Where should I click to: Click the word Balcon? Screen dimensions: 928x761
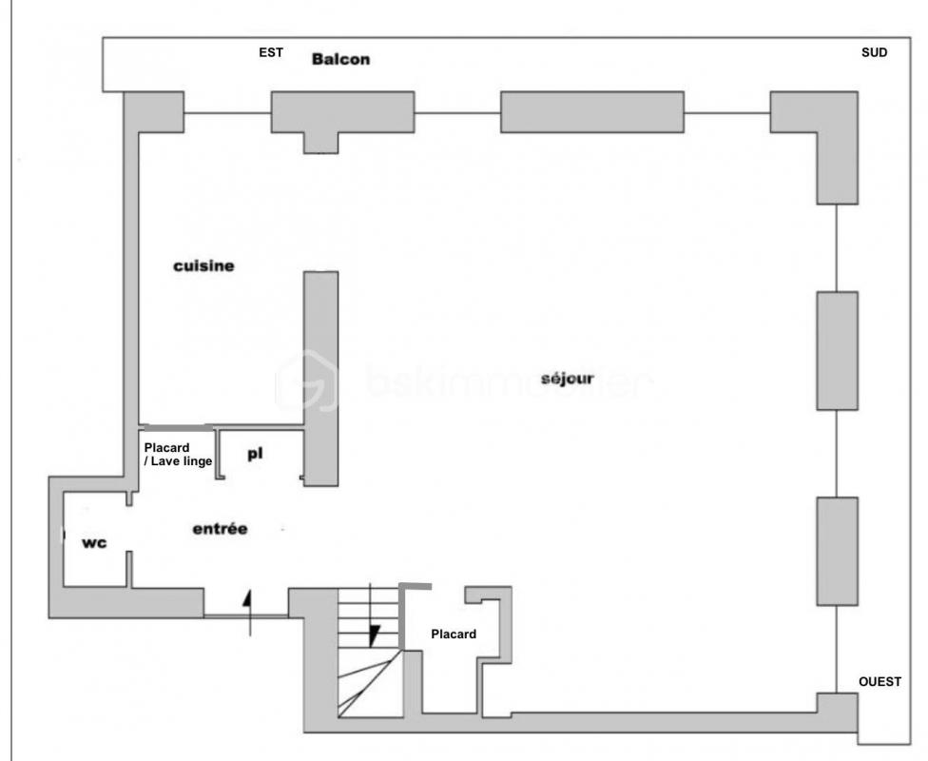[341, 59]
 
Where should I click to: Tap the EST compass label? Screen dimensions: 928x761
[271, 52]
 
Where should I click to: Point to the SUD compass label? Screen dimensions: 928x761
[874, 52]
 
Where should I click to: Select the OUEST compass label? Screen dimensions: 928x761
[880, 682]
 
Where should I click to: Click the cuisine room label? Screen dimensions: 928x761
[203, 266]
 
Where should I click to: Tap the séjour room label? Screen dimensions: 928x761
[567, 379]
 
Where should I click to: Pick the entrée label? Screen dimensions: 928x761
[220, 529]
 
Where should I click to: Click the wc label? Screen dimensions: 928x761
[95, 542]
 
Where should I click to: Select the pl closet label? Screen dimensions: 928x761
[255, 455]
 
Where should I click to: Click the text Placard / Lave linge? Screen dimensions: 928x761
[178, 455]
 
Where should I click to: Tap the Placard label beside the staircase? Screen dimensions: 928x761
[454, 634]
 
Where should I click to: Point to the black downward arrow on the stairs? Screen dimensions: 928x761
[373, 634]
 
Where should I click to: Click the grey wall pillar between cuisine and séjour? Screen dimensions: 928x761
[320, 379]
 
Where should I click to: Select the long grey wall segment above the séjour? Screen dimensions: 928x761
[592, 112]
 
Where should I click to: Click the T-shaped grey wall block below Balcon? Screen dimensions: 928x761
[342, 119]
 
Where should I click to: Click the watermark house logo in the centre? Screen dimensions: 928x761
[306, 380]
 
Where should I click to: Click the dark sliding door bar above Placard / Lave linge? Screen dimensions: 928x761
[179, 427]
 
